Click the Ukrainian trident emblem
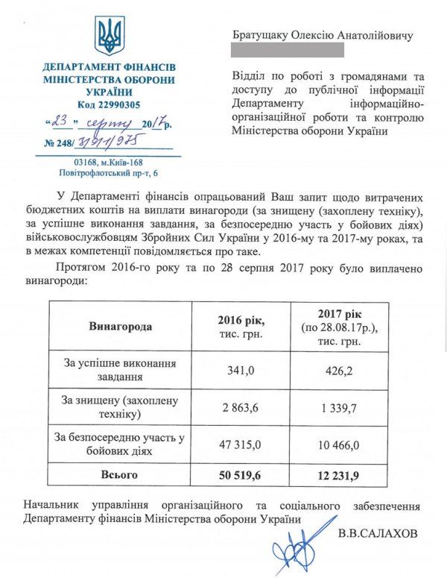tap(110, 37)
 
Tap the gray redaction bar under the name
tap(288, 50)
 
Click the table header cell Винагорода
tap(120, 327)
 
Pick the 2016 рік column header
tap(241, 327)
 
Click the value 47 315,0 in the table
tap(241, 445)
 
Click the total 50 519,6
tap(241, 474)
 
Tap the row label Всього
tap(120, 474)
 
